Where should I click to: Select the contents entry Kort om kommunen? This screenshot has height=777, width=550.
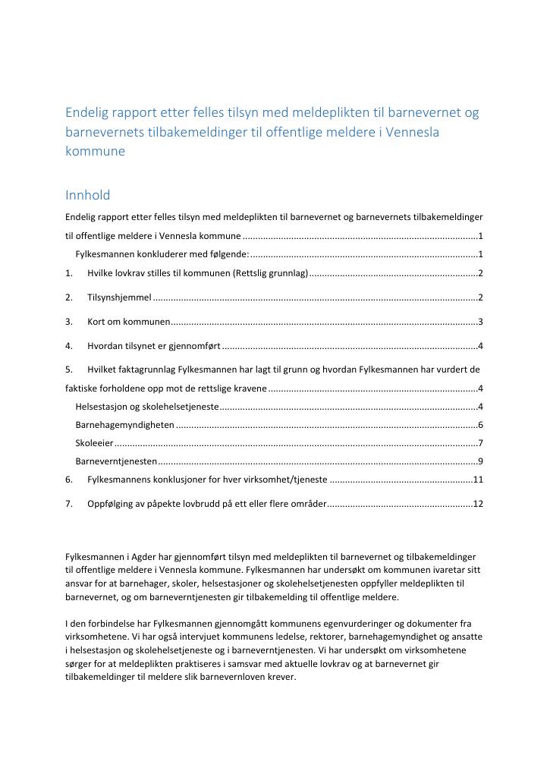pyautogui.click(x=128, y=322)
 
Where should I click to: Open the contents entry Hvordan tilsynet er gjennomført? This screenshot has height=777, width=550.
pyautogui.click(x=153, y=347)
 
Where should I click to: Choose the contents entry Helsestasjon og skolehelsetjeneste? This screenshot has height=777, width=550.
pyautogui.click(x=146, y=407)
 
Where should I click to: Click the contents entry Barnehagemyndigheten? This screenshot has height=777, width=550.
pyautogui.click(x=125, y=425)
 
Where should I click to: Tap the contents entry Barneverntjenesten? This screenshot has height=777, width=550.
pyautogui.click(x=116, y=461)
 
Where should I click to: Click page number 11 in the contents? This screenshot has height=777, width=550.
pyautogui.click(x=478, y=480)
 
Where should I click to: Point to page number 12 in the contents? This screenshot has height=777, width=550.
pyautogui.click(x=478, y=505)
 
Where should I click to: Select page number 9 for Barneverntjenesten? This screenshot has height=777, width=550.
pyautogui.click(x=481, y=461)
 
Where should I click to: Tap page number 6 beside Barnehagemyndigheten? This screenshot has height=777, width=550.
pyautogui.click(x=481, y=425)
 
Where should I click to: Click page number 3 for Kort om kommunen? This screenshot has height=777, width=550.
pyautogui.click(x=481, y=322)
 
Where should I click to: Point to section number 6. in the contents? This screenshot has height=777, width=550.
pyautogui.click(x=69, y=480)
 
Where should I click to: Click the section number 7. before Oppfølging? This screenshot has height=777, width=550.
pyautogui.click(x=69, y=505)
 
